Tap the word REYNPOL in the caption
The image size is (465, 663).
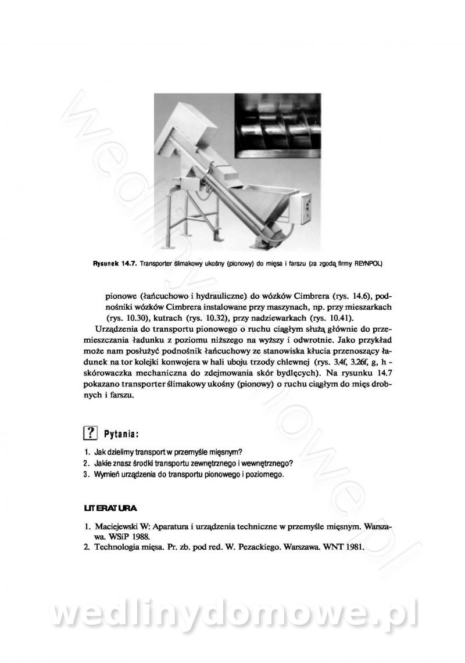pos(368,263)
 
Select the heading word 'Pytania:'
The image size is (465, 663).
pos(121,433)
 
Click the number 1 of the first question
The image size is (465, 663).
pos(86,452)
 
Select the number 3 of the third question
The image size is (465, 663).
pos(86,475)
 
